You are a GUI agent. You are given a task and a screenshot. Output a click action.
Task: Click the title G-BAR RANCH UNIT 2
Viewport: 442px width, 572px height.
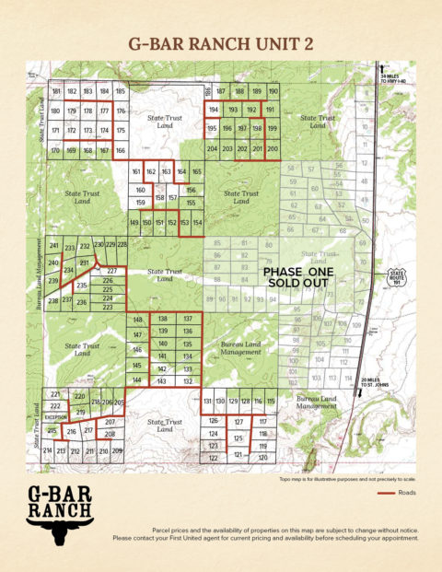tap(221, 41)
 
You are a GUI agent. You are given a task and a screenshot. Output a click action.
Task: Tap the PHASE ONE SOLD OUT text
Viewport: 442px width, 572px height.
tap(297, 278)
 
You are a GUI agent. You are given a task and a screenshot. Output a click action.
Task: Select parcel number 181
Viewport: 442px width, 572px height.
tap(56, 92)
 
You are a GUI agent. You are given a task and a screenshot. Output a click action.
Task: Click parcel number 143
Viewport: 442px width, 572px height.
tap(162, 380)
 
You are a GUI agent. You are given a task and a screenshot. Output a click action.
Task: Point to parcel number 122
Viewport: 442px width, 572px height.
tap(213, 458)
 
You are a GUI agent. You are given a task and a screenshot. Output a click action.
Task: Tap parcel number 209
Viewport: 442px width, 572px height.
tap(117, 451)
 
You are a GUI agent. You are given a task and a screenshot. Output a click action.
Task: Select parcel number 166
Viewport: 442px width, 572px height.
tap(120, 150)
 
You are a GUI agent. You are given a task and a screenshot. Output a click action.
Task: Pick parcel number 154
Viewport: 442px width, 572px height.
tap(197, 224)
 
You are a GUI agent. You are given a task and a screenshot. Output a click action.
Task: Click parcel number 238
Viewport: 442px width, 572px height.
tap(53, 301)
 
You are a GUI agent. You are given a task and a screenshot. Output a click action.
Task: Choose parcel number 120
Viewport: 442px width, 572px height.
tap(262, 457)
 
